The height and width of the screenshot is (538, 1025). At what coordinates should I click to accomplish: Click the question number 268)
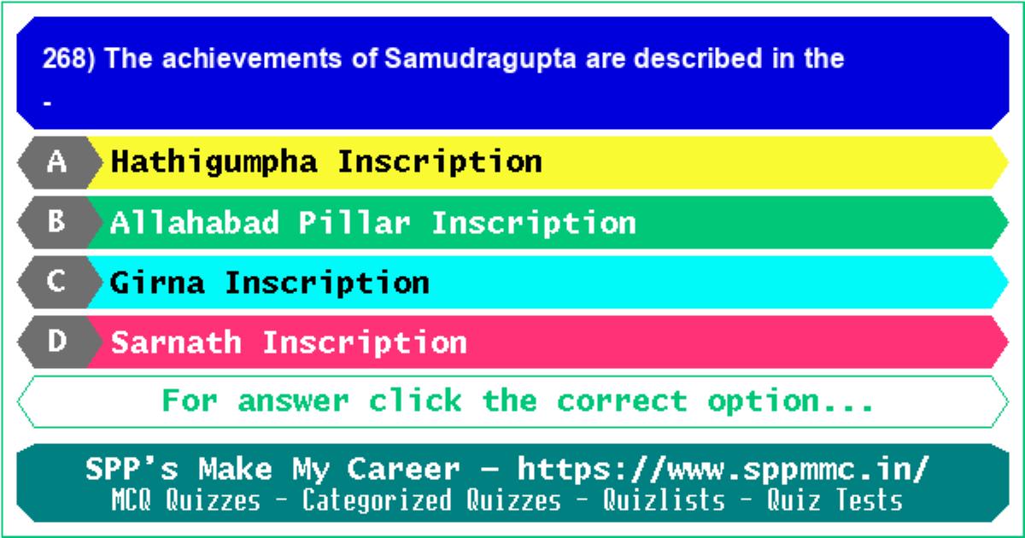(x=68, y=59)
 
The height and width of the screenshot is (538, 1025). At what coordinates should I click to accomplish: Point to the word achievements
(x=252, y=59)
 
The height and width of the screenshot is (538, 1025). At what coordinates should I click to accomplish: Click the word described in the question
(x=699, y=59)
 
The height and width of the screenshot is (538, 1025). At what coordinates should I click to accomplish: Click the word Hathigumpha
(x=214, y=163)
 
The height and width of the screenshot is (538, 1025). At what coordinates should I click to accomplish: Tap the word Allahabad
(x=195, y=223)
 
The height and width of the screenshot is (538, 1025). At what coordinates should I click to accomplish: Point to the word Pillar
(x=354, y=223)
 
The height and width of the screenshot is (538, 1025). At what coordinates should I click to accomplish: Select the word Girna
(x=157, y=283)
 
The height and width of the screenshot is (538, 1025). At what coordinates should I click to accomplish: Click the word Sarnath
(x=176, y=342)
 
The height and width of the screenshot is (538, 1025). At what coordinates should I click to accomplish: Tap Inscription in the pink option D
(x=365, y=343)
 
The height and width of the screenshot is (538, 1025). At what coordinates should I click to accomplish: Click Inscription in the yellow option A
(x=440, y=163)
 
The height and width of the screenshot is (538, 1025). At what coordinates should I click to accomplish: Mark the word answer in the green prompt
(x=293, y=401)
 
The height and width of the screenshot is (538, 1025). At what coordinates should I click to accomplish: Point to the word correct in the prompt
(x=622, y=401)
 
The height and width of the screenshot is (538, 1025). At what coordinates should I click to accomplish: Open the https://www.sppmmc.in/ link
(x=723, y=470)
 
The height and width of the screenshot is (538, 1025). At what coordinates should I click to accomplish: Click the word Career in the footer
(x=403, y=469)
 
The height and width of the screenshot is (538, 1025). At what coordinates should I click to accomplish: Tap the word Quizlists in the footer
(x=664, y=500)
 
